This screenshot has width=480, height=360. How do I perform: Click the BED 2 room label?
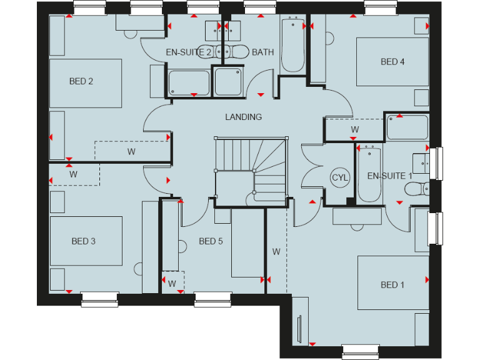(x=81, y=81)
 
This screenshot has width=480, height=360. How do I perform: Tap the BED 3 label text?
(x=83, y=241)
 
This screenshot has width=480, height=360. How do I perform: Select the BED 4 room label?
(x=392, y=61)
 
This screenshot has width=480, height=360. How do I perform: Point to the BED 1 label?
(x=392, y=285)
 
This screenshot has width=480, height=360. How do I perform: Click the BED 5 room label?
(x=211, y=241)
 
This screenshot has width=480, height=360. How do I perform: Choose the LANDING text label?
(x=244, y=117)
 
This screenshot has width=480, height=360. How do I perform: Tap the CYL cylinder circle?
(x=340, y=177)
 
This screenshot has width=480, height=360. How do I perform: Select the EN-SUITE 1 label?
(x=389, y=176)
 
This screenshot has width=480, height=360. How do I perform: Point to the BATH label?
(x=262, y=52)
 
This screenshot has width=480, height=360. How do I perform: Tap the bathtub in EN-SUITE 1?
(x=369, y=173)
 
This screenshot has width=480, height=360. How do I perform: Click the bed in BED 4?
(x=392, y=61)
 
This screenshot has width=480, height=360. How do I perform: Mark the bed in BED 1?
(x=392, y=282)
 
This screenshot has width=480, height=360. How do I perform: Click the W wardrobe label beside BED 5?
(x=276, y=252)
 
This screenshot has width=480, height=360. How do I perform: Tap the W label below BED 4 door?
(x=354, y=129)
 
